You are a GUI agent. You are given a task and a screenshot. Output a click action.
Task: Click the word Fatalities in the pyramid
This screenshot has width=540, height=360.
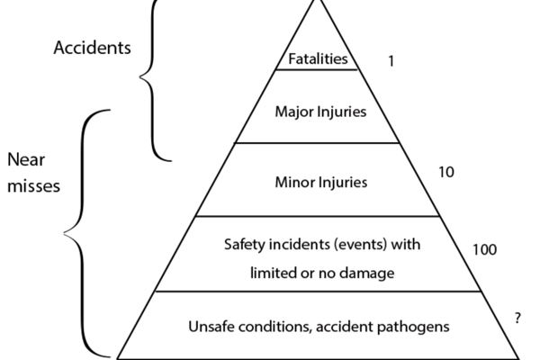(x=318, y=60)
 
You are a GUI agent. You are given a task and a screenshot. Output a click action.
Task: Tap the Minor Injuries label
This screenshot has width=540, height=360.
(x=320, y=182)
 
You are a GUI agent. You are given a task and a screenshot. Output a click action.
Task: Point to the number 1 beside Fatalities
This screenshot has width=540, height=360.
(x=391, y=62)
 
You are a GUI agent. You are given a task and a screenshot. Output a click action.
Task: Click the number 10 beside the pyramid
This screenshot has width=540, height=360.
(x=445, y=171)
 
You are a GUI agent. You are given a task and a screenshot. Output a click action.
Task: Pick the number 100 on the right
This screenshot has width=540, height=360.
(x=483, y=249)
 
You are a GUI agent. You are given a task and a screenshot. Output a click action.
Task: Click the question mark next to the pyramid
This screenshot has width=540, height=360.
(x=517, y=318)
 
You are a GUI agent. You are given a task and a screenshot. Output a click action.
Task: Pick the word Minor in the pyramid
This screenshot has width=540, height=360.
(x=293, y=182)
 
